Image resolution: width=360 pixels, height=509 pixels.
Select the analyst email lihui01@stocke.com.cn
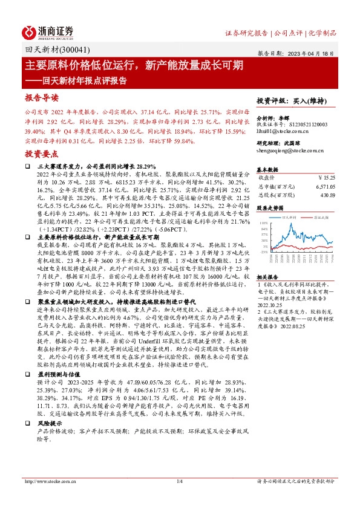pyautogui.click(x=283, y=131)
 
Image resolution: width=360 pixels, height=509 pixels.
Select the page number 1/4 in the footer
pyautogui.click(x=179, y=481)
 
